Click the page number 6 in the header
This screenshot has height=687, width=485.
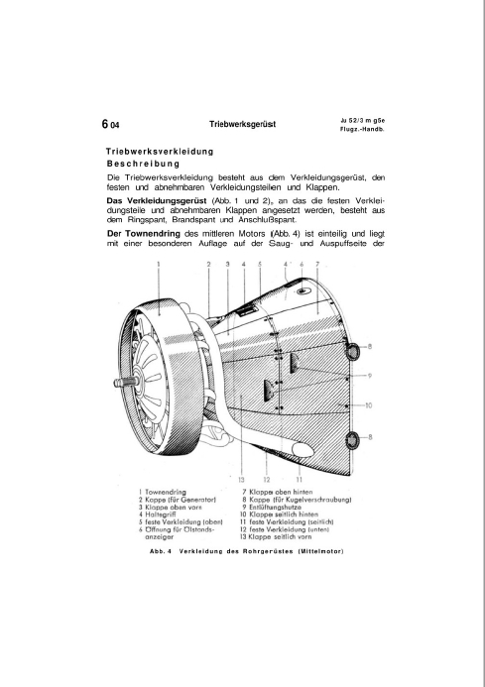click(x=105, y=125)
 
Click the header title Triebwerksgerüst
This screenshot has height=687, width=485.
click(x=242, y=125)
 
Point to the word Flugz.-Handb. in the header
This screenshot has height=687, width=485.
click(x=362, y=130)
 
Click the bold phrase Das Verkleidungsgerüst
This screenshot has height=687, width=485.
click(x=157, y=201)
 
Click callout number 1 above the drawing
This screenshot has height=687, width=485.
click(x=159, y=264)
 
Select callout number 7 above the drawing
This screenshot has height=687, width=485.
click(x=317, y=264)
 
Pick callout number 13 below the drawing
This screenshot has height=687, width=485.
click(x=241, y=480)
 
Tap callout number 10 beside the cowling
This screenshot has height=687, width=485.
click(x=368, y=405)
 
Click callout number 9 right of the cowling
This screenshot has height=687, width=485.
click(x=370, y=376)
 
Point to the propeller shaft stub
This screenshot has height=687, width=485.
click(x=124, y=383)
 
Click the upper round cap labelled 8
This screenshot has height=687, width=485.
click(x=352, y=350)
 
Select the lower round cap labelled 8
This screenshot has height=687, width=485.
click(x=352, y=438)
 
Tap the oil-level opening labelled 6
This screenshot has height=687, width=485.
click(x=302, y=290)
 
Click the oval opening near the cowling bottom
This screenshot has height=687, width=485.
click(x=303, y=449)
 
